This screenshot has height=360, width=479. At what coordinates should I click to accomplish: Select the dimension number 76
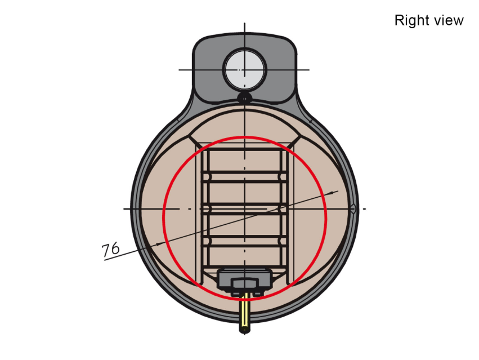[x=110, y=249]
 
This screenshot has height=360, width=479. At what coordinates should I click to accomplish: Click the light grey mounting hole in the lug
[x=245, y=69]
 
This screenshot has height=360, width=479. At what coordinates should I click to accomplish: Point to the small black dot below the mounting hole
[x=244, y=98]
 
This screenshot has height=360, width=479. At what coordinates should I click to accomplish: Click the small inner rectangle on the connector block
[x=244, y=283]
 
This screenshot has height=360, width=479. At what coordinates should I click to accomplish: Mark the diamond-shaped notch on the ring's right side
[x=353, y=209]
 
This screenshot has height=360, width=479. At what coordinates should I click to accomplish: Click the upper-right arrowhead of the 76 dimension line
[x=335, y=192]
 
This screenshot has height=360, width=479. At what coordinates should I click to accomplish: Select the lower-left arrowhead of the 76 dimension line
[x=160, y=244]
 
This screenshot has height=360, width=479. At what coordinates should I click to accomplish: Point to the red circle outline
[x=163, y=218]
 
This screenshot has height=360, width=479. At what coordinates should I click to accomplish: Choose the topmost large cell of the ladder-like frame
[x=244, y=161]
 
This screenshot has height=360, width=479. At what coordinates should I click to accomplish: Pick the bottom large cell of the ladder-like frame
[x=244, y=256]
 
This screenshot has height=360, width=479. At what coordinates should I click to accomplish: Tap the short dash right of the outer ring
[x=364, y=209]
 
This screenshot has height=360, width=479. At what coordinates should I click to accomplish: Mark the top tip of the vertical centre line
[x=244, y=23]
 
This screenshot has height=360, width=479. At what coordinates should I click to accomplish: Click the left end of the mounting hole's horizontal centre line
[x=179, y=70]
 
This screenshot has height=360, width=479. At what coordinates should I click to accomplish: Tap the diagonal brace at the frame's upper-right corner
[x=294, y=141]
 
